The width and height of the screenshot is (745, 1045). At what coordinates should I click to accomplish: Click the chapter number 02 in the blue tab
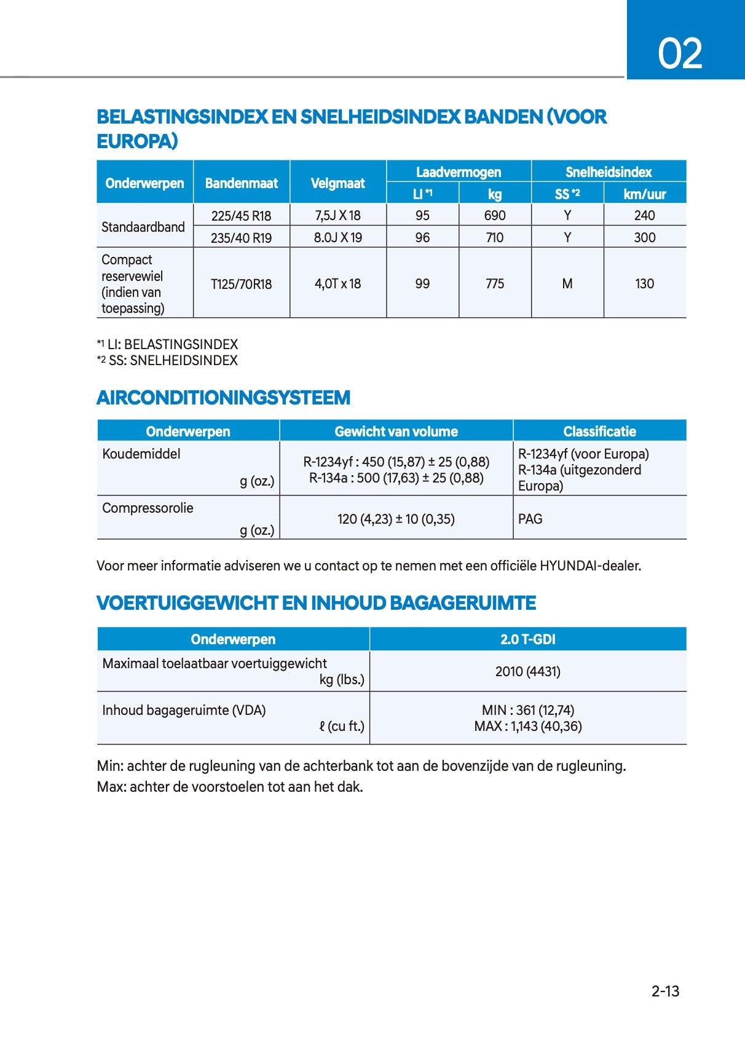click(x=680, y=53)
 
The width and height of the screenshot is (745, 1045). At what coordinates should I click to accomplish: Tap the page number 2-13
click(x=665, y=991)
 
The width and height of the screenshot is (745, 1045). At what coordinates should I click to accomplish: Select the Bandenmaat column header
click(x=241, y=183)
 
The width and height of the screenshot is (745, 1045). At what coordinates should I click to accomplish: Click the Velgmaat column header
click(x=337, y=183)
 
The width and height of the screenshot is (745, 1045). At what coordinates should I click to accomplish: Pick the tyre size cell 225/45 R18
click(x=241, y=216)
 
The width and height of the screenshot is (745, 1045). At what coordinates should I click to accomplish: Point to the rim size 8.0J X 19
click(x=337, y=237)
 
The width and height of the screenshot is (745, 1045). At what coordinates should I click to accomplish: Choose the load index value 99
click(x=422, y=283)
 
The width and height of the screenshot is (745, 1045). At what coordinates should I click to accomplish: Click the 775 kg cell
click(x=494, y=283)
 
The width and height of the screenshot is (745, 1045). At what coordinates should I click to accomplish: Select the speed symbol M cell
click(x=567, y=283)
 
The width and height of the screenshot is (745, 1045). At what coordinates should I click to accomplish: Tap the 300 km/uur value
click(x=644, y=237)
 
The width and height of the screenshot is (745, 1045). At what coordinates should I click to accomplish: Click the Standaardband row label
click(x=143, y=227)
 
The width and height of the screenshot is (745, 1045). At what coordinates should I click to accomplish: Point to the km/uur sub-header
click(x=644, y=194)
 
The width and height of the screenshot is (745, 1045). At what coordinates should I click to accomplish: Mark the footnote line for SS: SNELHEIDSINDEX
click(x=167, y=361)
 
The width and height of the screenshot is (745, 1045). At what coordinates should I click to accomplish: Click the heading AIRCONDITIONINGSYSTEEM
click(x=223, y=398)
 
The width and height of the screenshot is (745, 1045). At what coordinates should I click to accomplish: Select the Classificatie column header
click(x=599, y=432)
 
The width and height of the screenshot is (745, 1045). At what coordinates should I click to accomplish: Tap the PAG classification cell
click(x=530, y=519)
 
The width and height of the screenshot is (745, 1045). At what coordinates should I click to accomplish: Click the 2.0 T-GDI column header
click(x=527, y=639)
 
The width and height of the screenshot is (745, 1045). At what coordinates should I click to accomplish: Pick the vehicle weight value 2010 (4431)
click(x=527, y=671)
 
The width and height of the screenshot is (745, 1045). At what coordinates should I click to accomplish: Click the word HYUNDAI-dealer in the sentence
click(x=590, y=566)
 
